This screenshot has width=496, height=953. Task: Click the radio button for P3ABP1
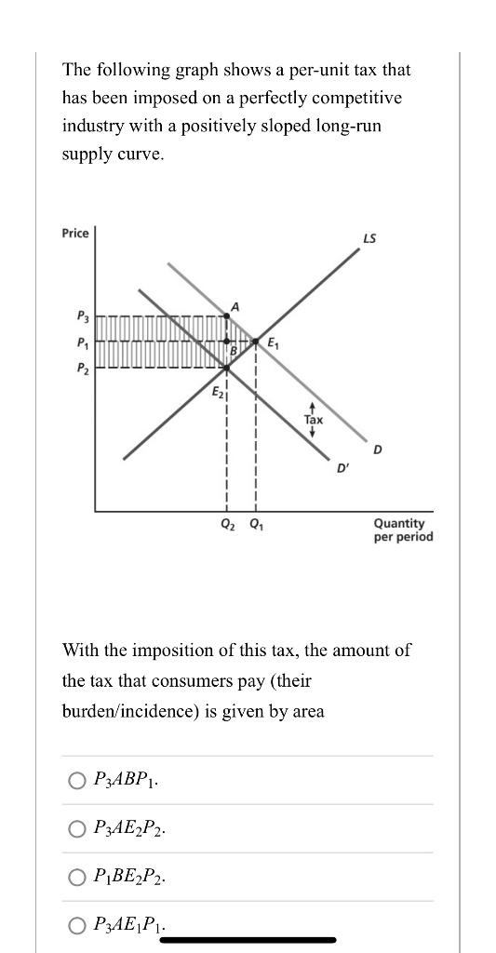[77, 780]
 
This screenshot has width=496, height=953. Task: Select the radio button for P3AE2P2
[77, 828]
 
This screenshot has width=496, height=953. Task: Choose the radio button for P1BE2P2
[77, 877]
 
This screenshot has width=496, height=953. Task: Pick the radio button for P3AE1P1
[77, 925]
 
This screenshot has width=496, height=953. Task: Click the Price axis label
[75, 233]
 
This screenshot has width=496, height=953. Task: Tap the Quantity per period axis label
[403, 530]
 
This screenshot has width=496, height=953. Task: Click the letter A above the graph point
[235, 306]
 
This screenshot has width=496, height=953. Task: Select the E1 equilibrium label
[274, 343]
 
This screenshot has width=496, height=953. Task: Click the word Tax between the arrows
[314, 420]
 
